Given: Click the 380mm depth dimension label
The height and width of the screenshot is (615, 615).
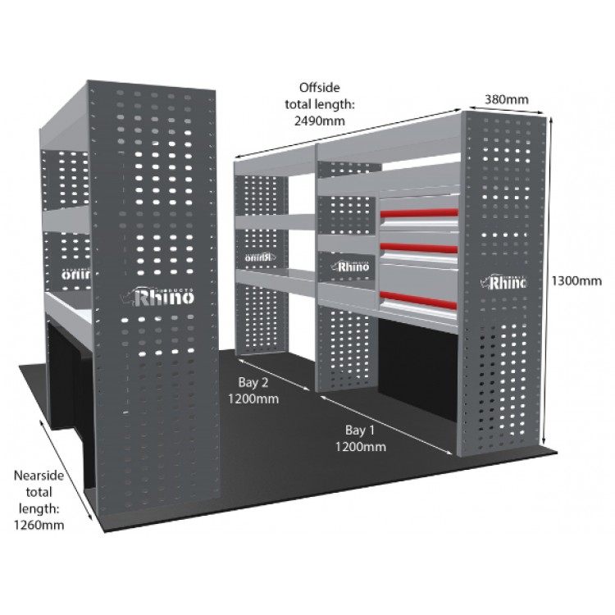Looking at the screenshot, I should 505,99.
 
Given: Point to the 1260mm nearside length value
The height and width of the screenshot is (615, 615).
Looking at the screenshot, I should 39,522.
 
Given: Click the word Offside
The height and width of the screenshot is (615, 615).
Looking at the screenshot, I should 319,87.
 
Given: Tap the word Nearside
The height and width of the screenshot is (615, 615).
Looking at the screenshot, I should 40,476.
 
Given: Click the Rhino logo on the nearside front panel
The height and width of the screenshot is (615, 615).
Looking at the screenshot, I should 161,296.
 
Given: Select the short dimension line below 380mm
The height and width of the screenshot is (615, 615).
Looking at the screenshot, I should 501,109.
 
